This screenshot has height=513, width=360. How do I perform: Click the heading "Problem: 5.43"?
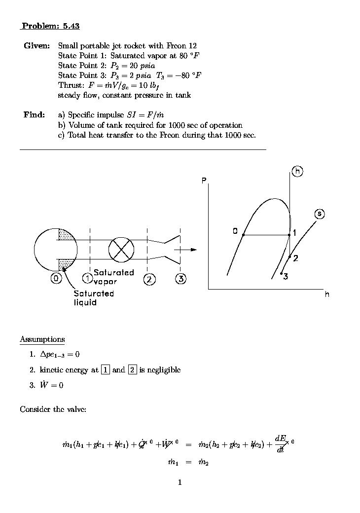click(x=50, y=26)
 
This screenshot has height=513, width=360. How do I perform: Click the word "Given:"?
click(x=36, y=46)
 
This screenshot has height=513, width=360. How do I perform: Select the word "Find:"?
click(x=34, y=115)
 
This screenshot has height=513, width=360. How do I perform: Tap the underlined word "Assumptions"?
click(x=42, y=339)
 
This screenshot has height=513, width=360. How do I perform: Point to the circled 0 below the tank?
click(x=56, y=279)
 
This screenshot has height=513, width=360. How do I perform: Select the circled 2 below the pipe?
click(x=149, y=279)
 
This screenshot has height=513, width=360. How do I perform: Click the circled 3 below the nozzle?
click(x=181, y=279)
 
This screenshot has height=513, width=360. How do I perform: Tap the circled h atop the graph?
click(x=297, y=171)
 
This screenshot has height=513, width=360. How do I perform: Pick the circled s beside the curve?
click(x=320, y=214)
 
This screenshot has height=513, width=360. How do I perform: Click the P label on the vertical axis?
click(x=203, y=181)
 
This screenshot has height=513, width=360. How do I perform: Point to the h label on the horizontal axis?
click(x=327, y=294)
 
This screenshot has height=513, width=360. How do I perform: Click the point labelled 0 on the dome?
click(x=243, y=235)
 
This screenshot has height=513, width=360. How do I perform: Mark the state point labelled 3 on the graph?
click(x=281, y=273)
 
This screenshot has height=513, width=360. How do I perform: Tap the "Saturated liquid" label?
click(x=94, y=298)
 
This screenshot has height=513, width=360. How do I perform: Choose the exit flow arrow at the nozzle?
click(x=187, y=250)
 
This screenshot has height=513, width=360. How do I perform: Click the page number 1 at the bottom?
click(x=180, y=482)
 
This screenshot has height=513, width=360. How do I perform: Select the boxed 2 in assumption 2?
click(x=132, y=369)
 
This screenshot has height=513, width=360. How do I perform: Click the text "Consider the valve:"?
click(x=53, y=409)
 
